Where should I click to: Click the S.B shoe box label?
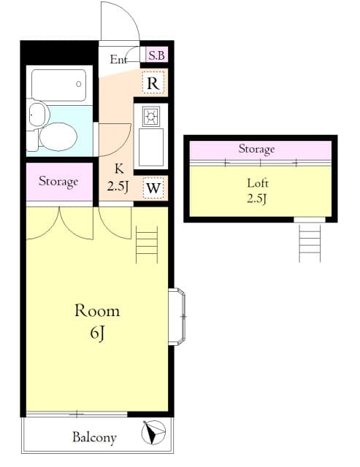point(156,55)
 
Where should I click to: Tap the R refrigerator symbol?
point(153,83)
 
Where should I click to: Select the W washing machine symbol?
point(153,188)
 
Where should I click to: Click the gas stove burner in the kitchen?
point(151,117)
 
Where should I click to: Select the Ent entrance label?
point(119,60)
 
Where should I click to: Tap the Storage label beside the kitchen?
point(58,182)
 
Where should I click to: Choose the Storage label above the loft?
point(256,149)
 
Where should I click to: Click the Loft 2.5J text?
point(256,190)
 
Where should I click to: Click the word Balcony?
point(93,437)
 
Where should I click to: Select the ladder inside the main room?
point(146,244)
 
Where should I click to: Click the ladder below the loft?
point(310,242)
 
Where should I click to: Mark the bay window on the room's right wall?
point(177,316)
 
